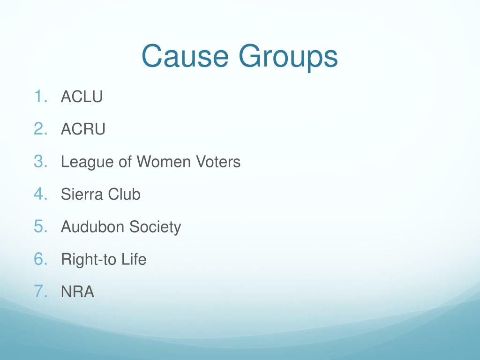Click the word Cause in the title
coord(185,56)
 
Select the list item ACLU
coord(82,97)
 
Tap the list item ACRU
coord(83,129)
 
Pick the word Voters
coord(218,162)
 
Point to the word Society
coord(155,228)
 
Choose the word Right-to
coord(85,260)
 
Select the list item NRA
coord(77,292)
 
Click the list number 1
coord(40,97)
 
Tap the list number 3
coord(40,162)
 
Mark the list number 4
coord(40,194)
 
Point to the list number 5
coord(40,227)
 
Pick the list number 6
coord(40,259)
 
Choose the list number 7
coord(40,292)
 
